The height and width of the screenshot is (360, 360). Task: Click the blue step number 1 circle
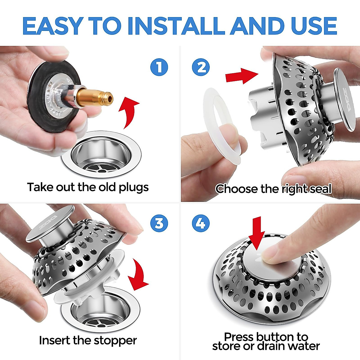159,67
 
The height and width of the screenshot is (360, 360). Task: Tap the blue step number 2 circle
201,67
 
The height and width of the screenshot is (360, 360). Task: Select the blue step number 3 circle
159,223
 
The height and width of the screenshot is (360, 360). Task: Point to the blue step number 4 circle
201,223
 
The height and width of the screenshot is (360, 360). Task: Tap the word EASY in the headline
53,26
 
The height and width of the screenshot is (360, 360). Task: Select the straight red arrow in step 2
242,76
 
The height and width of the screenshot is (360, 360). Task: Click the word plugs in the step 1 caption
134,187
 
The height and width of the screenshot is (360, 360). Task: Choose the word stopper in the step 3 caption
115,341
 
